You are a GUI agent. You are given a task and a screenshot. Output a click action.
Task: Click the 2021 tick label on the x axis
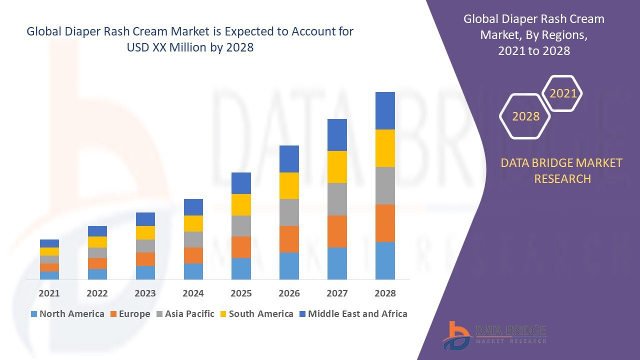click(x=49, y=293)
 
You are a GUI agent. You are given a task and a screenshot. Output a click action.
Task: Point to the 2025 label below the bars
click(x=241, y=293)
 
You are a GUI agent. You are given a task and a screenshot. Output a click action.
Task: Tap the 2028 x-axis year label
click(x=385, y=293)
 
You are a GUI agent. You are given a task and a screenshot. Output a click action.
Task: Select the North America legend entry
click(x=67, y=314)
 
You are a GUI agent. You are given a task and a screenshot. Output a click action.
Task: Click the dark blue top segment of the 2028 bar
click(x=385, y=110)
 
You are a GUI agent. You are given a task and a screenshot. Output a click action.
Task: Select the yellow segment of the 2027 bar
click(x=337, y=167)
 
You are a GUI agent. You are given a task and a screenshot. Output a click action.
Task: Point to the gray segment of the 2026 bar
click(x=289, y=212)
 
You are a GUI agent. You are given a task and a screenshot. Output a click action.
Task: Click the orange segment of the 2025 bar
click(x=241, y=247)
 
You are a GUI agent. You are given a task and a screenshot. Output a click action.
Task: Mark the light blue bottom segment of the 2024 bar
click(x=193, y=271)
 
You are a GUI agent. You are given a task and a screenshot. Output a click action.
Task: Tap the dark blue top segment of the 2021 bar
click(x=49, y=243)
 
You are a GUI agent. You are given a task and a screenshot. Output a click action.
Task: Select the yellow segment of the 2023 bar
click(x=145, y=232)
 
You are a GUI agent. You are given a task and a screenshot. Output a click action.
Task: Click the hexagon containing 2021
click(x=563, y=93)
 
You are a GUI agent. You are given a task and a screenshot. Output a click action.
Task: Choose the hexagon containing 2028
click(x=525, y=116)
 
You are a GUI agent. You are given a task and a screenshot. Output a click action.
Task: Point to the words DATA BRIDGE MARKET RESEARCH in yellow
click(x=562, y=170)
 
